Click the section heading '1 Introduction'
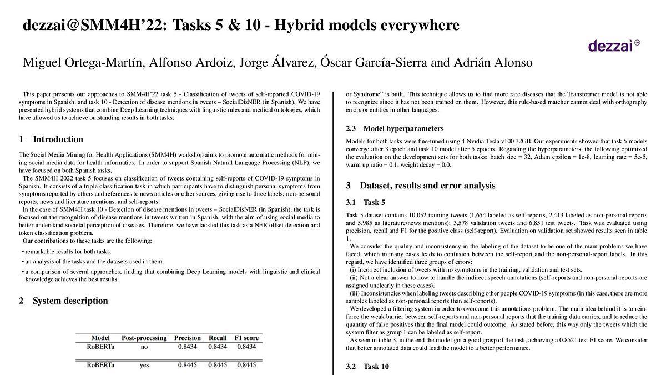51,139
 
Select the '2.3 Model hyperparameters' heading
395,128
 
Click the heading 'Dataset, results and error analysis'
427,186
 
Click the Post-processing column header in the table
144,338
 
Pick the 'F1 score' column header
246,338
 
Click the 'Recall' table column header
218,338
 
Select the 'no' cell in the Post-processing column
144,347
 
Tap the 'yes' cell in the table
144,365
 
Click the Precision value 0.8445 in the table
187,365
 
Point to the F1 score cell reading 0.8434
246,347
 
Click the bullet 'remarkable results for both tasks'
68,252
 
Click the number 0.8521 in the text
535,340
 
